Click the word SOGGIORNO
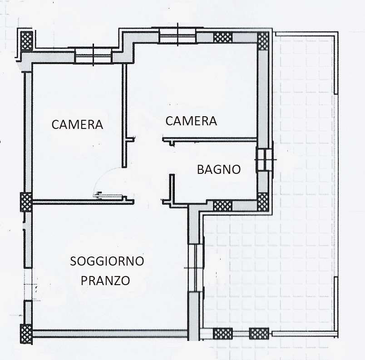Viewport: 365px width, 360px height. pos(107,261)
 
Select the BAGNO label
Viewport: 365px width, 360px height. pos(218,170)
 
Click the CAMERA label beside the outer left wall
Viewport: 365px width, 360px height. pos(77,124)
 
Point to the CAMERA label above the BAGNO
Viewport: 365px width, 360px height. pos(191,121)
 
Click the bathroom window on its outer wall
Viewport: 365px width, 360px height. pos(264,160)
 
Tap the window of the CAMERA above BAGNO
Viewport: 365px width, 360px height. pos(178,35)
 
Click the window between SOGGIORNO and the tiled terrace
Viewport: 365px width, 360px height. pos(196,268)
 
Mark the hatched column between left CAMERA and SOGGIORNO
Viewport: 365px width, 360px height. pos(26,202)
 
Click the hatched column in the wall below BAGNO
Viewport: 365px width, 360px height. pos(222,206)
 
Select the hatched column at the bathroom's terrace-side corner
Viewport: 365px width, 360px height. pos(263,202)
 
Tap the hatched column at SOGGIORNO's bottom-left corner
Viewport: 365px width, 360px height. pos(26,333)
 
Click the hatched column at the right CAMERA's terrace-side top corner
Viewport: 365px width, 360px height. pos(263,41)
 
